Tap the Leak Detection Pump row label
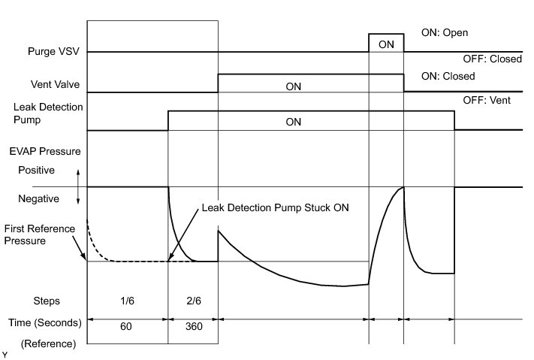(41, 113)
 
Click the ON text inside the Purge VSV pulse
(386, 44)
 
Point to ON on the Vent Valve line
(294, 86)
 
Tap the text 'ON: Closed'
(448, 76)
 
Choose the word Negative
(39, 199)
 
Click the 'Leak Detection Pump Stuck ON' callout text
(276, 206)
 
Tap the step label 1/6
(128, 301)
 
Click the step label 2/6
(193, 301)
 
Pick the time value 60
(128, 328)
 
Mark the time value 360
(193, 328)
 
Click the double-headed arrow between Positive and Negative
(79, 185)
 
